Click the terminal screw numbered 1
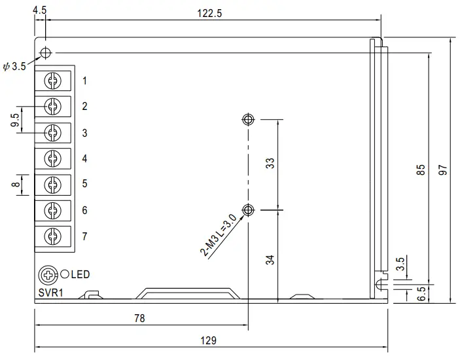pyautogui.click(x=52, y=81)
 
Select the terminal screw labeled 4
pyautogui.click(x=52, y=158)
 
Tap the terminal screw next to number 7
pyautogui.click(x=52, y=236)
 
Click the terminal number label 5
pyautogui.click(x=85, y=184)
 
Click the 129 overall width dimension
pyautogui.click(x=207, y=340)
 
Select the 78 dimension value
pyautogui.click(x=139, y=319)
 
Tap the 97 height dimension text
pyautogui.click(x=443, y=170)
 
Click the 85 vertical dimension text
pyautogui.click(x=421, y=170)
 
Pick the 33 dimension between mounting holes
pyautogui.click(x=270, y=163)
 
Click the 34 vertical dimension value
pyautogui.click(x=270, y=259)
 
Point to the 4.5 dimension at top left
pyautogui.click(x=39, y=10)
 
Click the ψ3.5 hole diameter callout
pyautogui.click(x=14, y=66)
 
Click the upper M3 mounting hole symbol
pyautogui.click(x=248, y=119)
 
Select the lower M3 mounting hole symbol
pyautogui.click(x=248, y=209)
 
